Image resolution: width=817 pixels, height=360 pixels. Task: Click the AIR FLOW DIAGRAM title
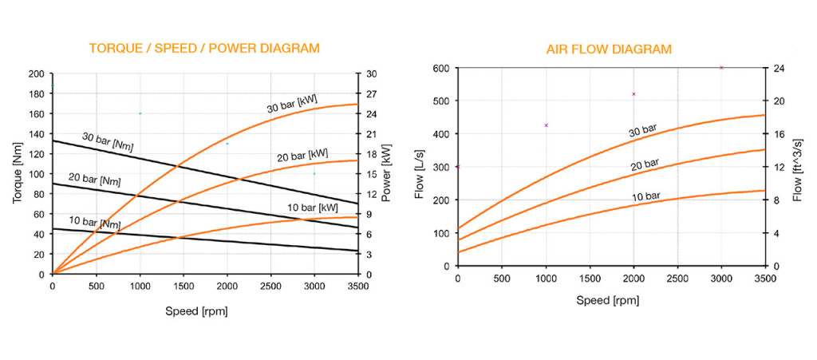click(610, 49)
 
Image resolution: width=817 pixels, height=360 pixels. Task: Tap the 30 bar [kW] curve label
click(292, 103)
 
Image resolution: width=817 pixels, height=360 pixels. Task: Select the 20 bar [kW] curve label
click(302, 154)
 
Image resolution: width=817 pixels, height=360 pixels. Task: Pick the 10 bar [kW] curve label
click(313, 208)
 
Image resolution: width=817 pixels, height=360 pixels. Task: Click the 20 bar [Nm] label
click(95, 180)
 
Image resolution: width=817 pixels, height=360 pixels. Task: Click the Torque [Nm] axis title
click(17, 174)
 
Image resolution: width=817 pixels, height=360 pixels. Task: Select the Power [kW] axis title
click(386, 174)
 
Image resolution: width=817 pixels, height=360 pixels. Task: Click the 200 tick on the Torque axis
click(36, 74)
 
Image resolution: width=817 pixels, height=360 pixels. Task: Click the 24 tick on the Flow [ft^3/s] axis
click(778, 68)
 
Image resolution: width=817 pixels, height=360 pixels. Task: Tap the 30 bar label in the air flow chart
click(644, 128)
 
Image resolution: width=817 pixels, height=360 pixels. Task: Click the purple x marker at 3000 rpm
click(721, 68)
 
